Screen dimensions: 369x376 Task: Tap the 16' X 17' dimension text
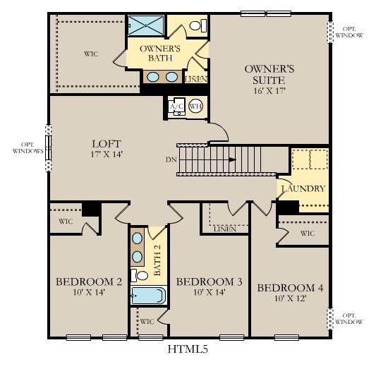click(269, 91)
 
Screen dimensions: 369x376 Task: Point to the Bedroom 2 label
click(89, 282)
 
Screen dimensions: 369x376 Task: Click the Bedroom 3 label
click(209, 282)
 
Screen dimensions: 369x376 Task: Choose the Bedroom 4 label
click(290, 287)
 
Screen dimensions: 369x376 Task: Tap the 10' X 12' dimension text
click(290, 298)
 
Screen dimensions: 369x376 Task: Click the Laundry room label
click(303, 188)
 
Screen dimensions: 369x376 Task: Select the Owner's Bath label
click(160, 53)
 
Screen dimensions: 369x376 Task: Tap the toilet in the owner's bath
click(200, 26)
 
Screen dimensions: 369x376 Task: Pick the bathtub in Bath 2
click(148, 294)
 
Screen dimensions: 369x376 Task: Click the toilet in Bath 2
click(140, 274)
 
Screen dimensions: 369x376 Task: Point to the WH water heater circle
click(195, 107)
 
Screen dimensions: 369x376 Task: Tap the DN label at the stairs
click(171, 160)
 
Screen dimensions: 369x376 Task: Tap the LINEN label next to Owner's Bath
click(195, 80)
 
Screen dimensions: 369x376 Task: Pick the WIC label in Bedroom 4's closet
click(307, 233)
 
